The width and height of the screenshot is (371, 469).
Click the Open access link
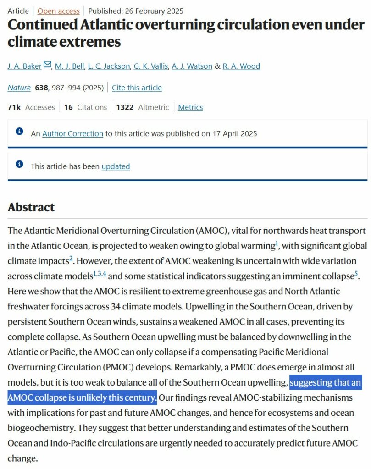click(58, 11)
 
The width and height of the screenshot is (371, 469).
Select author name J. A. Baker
click(24, 66)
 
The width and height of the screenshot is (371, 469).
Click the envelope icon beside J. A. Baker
click(47, 65)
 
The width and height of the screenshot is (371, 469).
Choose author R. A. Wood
click(241, 66)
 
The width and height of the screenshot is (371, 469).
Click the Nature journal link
click(19, 88)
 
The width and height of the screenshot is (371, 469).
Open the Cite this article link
click(137, 88)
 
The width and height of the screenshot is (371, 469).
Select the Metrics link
click(190, 107)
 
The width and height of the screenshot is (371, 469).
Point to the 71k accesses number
click(14, 107)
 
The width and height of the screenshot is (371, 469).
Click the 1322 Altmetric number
click(125, 107)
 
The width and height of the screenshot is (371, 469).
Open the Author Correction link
click(72, 134)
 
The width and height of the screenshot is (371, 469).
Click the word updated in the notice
click(116, 166)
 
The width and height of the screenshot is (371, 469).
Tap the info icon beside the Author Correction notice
click(19, 132)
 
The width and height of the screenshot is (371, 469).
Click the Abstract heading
click(31, 207)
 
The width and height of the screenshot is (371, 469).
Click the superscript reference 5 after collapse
click(356, 274)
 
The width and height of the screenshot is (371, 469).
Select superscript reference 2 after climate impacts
click(71, 259)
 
